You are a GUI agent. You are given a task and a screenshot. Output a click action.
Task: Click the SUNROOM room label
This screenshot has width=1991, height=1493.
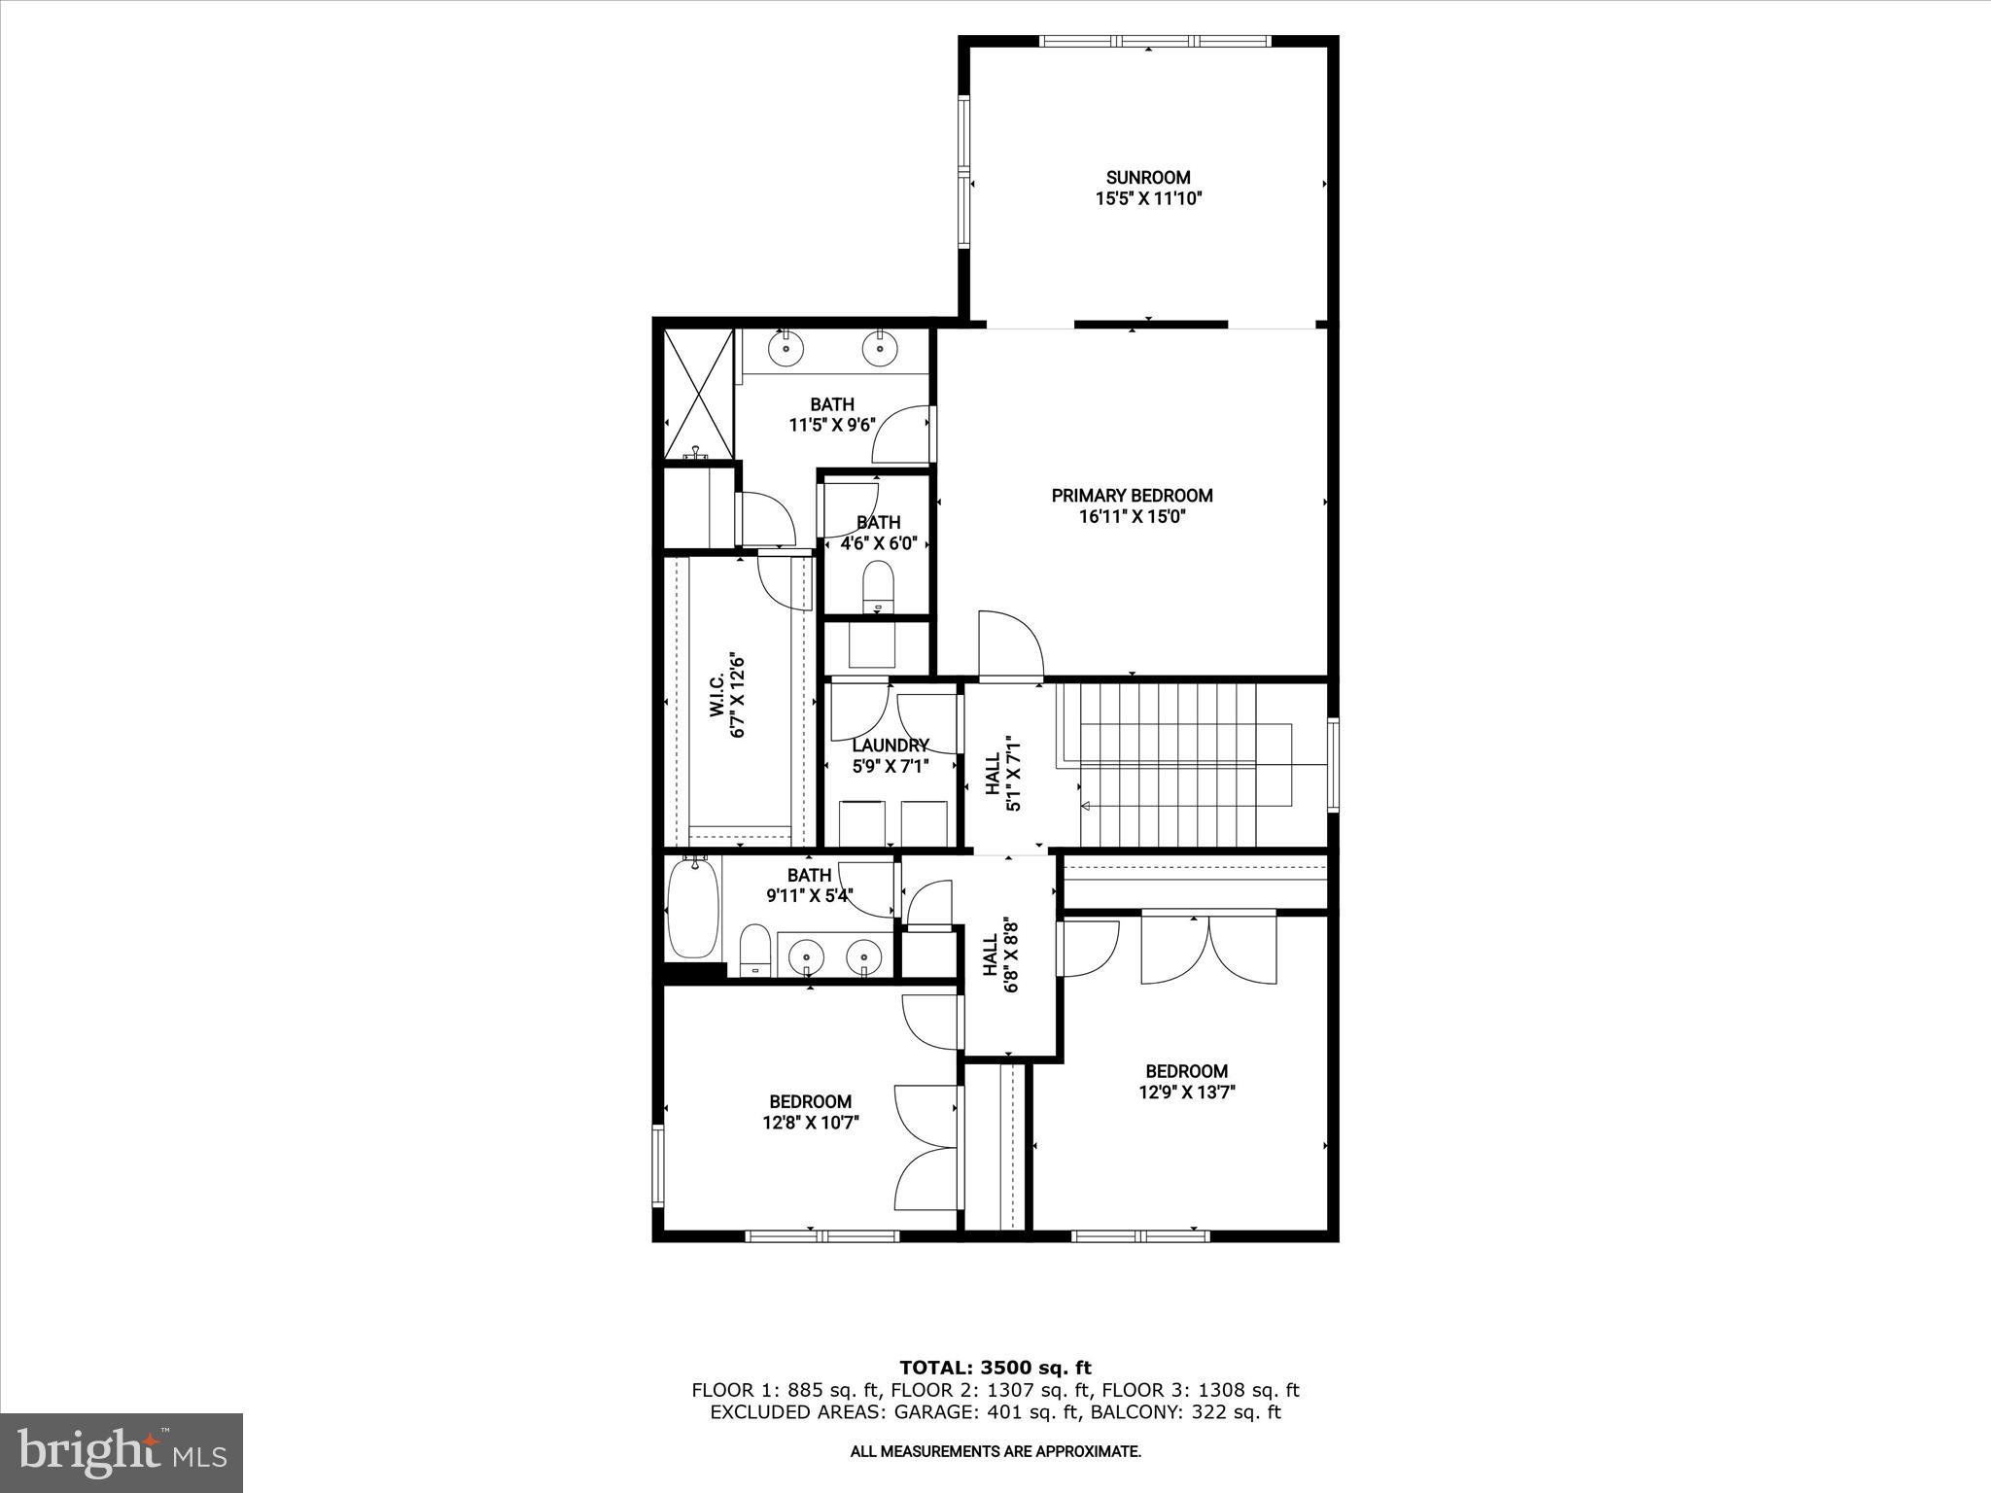pyautogui.click(x=1147, y=178)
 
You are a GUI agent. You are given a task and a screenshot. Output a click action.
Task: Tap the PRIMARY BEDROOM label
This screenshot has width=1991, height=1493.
pyautogui.click(x=1132, y=496)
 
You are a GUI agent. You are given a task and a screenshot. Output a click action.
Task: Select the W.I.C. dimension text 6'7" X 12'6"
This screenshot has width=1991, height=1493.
pyautogui.click(x=739, y=695)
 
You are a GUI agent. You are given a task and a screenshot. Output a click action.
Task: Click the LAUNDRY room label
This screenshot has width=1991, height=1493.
pyautogui.click(x=891, y=746)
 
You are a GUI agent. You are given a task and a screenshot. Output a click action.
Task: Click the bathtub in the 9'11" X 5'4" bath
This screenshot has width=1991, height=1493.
pyautogui.click(x=694, y=909)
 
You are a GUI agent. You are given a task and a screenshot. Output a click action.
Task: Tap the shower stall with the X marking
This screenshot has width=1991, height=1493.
pyautogui.click(x=698, y=394)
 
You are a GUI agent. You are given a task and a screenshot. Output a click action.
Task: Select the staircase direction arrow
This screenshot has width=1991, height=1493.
pyautogui.click(x=1086, y=805)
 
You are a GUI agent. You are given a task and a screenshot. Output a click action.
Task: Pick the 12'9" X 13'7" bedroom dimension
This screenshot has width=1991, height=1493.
pyautogui.click(x=1186, y=1092)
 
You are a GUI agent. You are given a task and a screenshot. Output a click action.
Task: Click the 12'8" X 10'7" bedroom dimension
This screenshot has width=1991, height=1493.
pyautogui.click(x=811, y=1123)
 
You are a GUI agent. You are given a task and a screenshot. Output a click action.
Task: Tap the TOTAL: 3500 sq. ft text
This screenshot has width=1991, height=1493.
pyautogui.click(x=995, y=1368)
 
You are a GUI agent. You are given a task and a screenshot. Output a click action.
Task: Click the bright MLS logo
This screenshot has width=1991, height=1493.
pyautogui.click(x=122, y=1452)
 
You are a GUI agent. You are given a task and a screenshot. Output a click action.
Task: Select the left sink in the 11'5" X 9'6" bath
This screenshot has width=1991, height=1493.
pyautogui.click(x=786, y=347)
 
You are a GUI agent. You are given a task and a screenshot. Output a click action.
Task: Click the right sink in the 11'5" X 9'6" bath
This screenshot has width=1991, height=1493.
pyautogui.click(x=879, y=347)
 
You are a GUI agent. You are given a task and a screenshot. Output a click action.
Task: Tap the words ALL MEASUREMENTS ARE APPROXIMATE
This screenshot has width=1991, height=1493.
pyautogui.click(x=995, y=1451)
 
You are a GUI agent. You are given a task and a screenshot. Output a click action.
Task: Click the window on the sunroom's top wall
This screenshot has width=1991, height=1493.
pyautogui.click(x=1154, y=42)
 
